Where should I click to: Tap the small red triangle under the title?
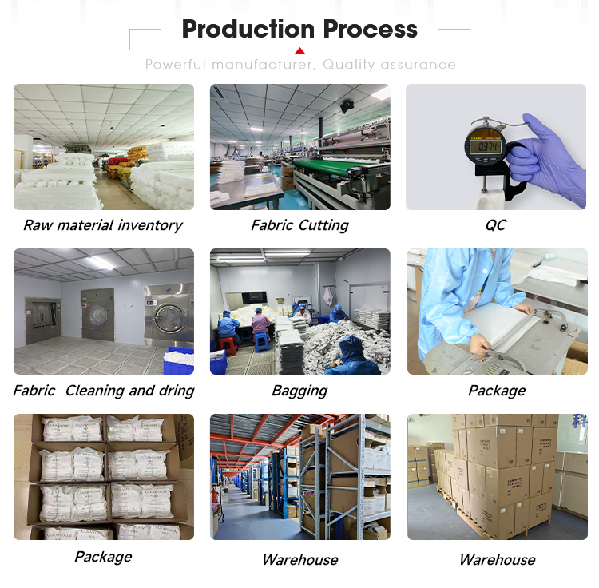coord(299,50)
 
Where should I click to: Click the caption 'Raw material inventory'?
coord(102,225)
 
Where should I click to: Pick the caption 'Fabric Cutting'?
coord(299,225)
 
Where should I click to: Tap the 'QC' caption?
coord(496,225)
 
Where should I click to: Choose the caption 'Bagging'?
coord(299,391)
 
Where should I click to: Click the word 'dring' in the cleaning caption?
coord(177,391)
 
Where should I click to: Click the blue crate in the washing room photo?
coord(178,362)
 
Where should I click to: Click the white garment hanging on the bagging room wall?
coord(328,296)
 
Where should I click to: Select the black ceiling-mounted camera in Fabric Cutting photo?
coord(347,105)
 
